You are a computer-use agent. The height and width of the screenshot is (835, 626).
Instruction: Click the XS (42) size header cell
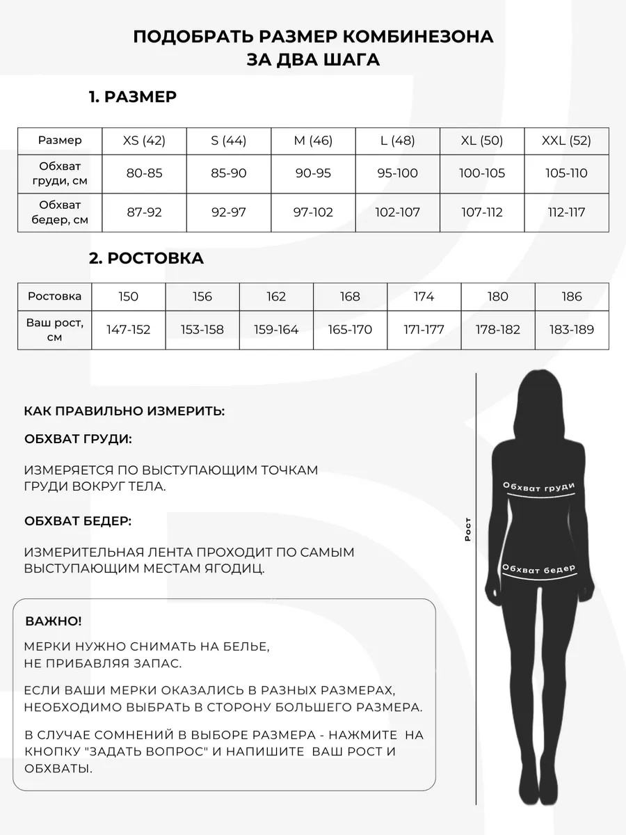coord(144,141)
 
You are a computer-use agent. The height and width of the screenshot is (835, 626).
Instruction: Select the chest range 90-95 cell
coord(313,173)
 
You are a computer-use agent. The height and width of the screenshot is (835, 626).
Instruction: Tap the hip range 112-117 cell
coord(566,212)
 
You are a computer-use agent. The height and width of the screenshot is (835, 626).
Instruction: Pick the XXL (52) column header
coord(566,141)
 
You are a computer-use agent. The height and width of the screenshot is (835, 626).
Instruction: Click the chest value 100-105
coord(482,173)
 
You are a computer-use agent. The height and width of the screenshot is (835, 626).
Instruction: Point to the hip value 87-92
coord(144,212)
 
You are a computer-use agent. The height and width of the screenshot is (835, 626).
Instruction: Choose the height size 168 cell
coord(350,296)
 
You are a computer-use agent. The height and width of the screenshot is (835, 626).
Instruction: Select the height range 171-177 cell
coord(424,329)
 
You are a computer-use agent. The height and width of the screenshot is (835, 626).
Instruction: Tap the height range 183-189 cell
coord(571,329)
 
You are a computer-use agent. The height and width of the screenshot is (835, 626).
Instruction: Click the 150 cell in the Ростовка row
coord(128,296)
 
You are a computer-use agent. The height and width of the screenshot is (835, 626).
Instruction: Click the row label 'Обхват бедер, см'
coord(60,212)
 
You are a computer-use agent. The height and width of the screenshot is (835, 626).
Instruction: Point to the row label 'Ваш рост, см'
coord(55,329)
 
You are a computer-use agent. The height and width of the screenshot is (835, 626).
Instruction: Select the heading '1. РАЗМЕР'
coord(132,97)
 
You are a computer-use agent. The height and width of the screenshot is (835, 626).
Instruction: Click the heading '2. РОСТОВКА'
coord(146,259)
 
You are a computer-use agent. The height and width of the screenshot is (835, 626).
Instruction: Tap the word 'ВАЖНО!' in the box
coord(54,621)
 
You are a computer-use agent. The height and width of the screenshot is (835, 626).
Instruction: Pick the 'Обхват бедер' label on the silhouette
coord(538,569)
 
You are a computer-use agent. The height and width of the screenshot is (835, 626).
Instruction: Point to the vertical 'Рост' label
coord(468,530)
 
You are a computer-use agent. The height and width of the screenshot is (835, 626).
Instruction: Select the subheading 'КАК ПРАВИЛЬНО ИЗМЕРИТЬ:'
coord(125,411)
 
